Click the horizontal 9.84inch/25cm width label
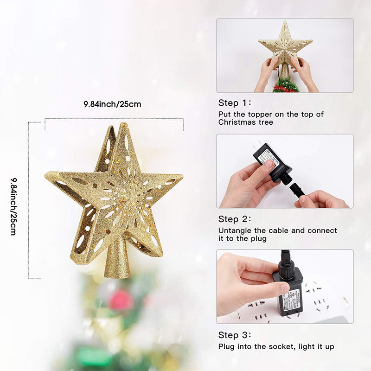(x=113, y=104)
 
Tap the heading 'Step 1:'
(x=236, y=103)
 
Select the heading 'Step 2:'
(x=236, y=219)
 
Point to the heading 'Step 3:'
(x=236, y=335)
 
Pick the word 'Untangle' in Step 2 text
(x=235, y=230)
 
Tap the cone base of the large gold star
(x=116, y=261)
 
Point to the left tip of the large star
(x=48, y=175)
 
